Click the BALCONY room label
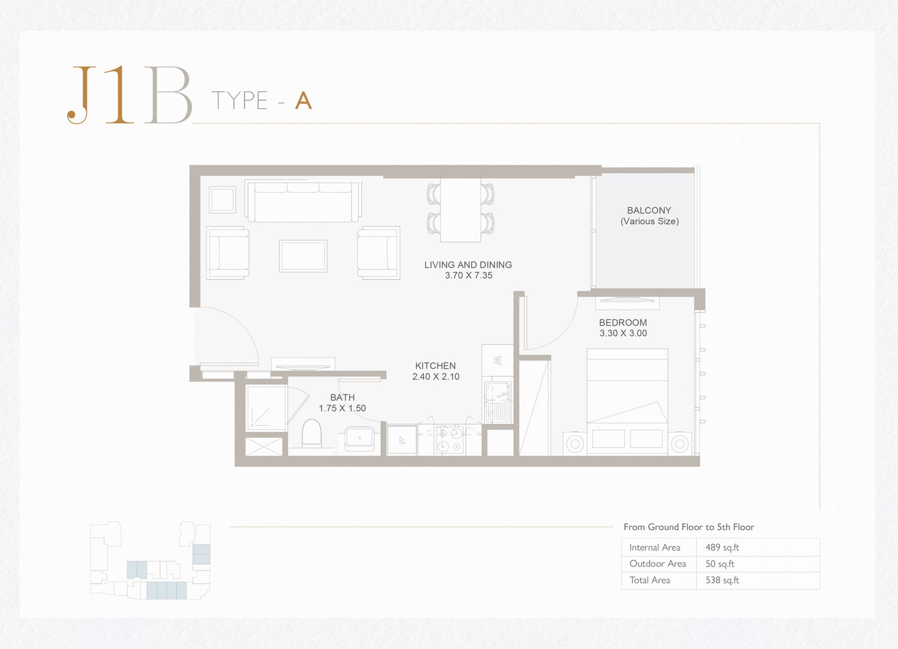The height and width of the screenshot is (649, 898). coord(649,210)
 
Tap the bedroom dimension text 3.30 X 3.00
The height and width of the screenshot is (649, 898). coord(623,333)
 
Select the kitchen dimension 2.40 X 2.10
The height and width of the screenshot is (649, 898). coord(436,377)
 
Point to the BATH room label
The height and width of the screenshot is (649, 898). coord(342,397)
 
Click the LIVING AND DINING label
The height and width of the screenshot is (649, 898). coord(468,265)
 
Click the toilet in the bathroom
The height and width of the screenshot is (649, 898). coord(311,433)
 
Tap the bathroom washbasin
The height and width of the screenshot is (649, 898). coord(360,439)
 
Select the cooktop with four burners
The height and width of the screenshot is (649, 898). coord(450,440)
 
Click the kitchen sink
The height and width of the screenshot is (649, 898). coord(497,401)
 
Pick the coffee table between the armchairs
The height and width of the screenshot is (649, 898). coord(303,256)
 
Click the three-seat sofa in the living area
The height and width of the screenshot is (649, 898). coord(303,201)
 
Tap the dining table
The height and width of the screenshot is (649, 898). coord(460,210)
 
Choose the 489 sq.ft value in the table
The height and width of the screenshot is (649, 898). coord(722,547)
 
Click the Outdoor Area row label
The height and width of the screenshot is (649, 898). coord(657,564)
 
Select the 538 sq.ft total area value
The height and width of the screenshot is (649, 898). coord(722,580)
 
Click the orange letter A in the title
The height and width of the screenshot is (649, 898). coord(304,100)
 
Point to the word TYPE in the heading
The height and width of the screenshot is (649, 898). coord(239,100)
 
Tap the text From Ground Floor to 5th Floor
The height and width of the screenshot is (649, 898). coord(689,527)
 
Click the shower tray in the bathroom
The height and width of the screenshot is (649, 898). coord(265,408)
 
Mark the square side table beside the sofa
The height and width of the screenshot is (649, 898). coord(222,200)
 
